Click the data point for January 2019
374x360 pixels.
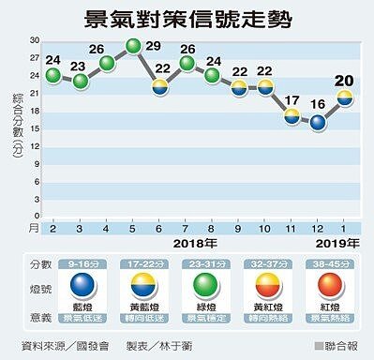tap(345, 98)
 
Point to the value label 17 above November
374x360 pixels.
tap(292, 101)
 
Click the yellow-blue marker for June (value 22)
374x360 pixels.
tap(160, 87)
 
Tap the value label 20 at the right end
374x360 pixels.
tap(345, 81)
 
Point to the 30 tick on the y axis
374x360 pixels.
tap(34, 40)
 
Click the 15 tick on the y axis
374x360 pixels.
tap(34, 128)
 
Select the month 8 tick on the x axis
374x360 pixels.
tap(213, 228)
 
